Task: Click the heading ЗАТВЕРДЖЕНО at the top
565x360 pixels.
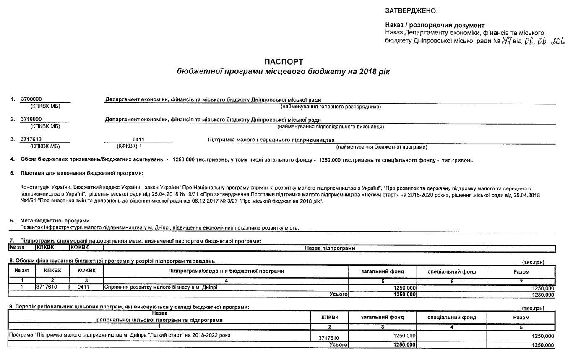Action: (x=411, y=10)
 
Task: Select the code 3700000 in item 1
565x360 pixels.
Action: (x=31, y=99)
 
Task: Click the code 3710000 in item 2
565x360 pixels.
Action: (x=31, y=120)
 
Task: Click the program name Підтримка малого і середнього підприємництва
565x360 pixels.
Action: (x=271, y=140)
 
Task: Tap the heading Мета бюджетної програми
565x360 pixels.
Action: (x=55, y=221)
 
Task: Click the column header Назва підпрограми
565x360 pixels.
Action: (x=330, y=248)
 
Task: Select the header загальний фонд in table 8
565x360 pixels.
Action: (x=382, y=271)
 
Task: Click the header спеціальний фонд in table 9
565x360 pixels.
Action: (x=452, y=318)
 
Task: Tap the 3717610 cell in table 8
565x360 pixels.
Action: (x=46, y=287)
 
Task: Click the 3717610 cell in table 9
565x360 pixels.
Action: (x=328, y=337)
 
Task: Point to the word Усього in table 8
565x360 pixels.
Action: (x=339, y=295)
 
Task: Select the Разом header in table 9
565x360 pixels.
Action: (x=521, y=318)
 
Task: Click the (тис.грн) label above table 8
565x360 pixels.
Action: (x=533, y=262)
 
